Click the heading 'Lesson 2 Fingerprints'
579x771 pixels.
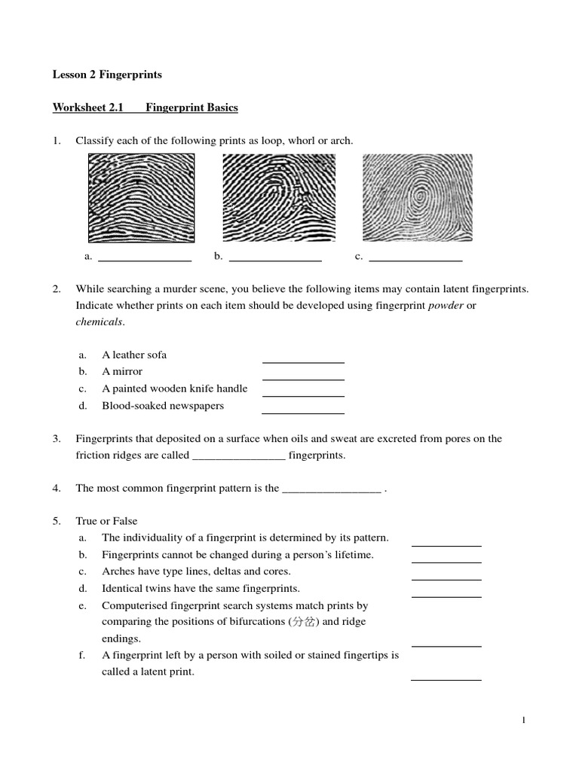point(107,75)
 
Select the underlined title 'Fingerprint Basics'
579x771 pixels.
point(191,108)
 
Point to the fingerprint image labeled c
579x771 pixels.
point(418,195)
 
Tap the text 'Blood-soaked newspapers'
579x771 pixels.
point(163,406)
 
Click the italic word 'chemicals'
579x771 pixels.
point(99,322)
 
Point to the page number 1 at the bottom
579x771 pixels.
point(523,721)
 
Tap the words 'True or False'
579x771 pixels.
point(106,521)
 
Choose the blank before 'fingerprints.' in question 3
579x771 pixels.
point(240,456)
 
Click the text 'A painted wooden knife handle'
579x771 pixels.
point(175,389)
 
